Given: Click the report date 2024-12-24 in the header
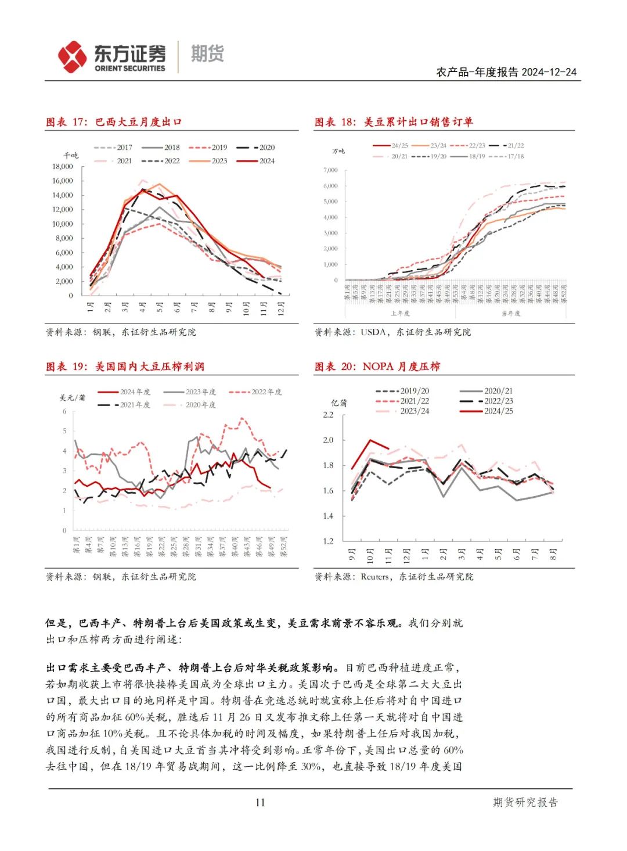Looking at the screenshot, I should click(x=549, y=72).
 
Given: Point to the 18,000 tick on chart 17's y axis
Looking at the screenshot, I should click(x=63, y=167).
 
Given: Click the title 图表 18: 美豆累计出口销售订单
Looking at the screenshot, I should click(x=394, y=122).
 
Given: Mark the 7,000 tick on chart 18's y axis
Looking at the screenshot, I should click(x=330, y=170).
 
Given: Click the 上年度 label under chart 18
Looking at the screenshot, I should click(x=400, y=313).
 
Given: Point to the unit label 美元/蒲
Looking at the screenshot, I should click(x=73, y=397).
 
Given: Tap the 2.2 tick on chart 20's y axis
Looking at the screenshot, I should click(x=328, y=415).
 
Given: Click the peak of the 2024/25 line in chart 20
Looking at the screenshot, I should click(x=370, y=440).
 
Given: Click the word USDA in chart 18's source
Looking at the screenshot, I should click(x=374, y=332).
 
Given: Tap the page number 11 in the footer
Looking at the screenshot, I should click(x=260, y=802).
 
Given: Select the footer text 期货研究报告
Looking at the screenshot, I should click(x=525, y=802).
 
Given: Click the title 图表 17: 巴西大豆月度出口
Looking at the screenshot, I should click(x=114, y=122).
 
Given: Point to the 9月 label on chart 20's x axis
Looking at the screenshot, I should click(x=352, y=555).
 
